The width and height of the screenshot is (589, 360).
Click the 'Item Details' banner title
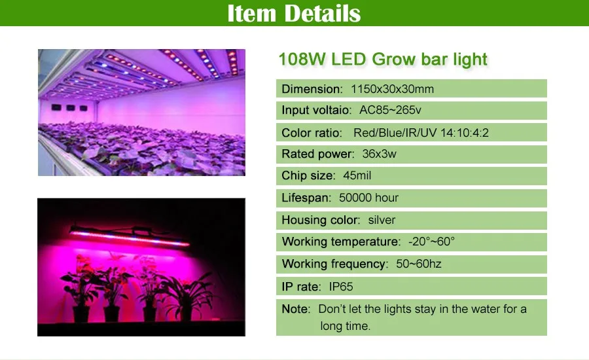coord(294,13)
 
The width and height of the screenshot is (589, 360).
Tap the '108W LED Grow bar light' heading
coord(383,60)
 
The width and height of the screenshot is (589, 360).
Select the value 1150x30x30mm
coord(392,89)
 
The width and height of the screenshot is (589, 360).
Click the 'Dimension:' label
coord(312,89)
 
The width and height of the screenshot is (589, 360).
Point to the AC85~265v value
coord(390,110)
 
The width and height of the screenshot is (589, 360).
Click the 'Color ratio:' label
coord(312,133)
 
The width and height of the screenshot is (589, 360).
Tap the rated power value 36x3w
coord(379,154)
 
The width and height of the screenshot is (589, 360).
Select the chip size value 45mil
coord(357,175)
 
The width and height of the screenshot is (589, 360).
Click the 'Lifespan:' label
coord(306,198)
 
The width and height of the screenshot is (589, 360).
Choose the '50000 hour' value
coord(368,198)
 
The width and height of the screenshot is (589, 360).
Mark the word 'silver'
coord(382,220)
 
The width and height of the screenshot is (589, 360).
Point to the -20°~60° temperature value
coord(432,242)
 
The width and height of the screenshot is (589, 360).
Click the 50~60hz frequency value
coord(418,264)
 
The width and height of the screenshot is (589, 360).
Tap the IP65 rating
coord(341,287)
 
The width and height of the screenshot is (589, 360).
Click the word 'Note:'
coord(296,309)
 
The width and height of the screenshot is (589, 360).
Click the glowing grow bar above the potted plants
coord(130,236)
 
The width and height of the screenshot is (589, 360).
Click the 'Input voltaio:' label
coord(317,110)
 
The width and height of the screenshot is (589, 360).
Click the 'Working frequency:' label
coord(335,264)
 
